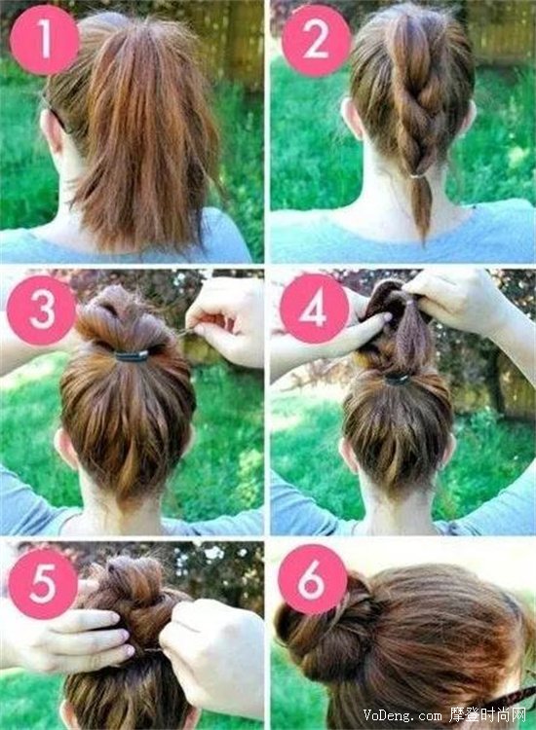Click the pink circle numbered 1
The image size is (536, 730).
point(44,40)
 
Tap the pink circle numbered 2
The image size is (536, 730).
point(316,41)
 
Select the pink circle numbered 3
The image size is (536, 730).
point(42,310)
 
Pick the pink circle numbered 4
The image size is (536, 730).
point(314,309)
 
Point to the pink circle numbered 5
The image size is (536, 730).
point(43,584)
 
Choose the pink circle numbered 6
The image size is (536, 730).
point(312,579)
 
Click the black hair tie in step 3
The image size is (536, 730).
point(132,356)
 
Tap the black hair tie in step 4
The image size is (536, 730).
point(397,379)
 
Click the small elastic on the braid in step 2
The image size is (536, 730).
point(419,176)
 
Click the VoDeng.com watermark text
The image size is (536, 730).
point(402,714)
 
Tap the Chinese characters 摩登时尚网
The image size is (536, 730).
point(487,714)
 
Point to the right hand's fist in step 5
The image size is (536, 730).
point(212,654)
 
